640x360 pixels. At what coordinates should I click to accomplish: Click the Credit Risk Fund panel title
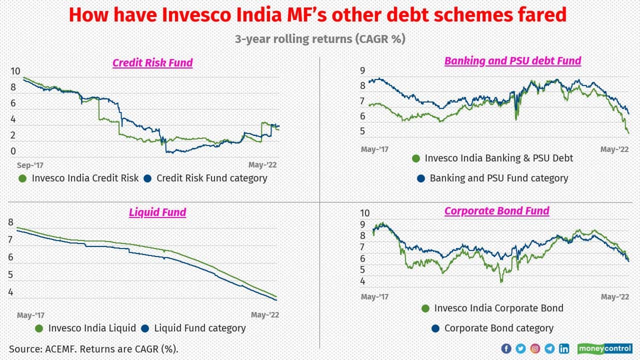[x=152, y=63]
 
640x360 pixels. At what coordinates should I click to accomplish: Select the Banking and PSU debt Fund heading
[x=512, y=61]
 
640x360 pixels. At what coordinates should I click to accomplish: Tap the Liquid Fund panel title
[x=157, y=212]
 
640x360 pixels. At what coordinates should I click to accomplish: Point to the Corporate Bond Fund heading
[x=496, y=211]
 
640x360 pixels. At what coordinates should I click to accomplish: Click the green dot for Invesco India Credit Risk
[x=22, y=178]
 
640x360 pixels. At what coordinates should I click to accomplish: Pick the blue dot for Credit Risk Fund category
[x=147, y=178]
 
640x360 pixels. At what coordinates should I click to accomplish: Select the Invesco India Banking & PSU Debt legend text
[x=498, y=158]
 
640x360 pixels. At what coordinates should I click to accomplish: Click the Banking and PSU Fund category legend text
[x=498, y=178]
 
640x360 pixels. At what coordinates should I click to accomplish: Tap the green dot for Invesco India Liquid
[x=39, y=328]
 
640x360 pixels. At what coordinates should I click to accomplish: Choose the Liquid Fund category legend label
[x=199, y=328]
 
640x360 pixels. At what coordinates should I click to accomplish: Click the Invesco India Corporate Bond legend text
[x=498, y=308]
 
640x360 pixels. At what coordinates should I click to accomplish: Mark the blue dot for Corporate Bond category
[x=434, y=328]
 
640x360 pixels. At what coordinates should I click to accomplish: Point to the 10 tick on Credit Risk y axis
[x=15, y=71]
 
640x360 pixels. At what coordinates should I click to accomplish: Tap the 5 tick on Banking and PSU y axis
[x=362, y=131]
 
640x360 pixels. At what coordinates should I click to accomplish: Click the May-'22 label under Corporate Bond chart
[x=614, y=297]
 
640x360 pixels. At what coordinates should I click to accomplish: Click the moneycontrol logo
[x=604, y=348]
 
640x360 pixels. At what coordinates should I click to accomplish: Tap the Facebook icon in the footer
[x=505, y=348]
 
